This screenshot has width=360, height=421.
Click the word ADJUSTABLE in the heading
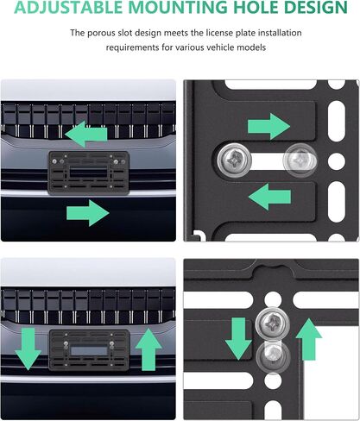click(x=68, y=7)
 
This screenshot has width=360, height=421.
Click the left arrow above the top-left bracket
click(x=86, y=134)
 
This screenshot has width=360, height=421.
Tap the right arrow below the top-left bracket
click(x=88, y=213)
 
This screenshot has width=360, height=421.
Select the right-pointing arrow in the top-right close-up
click(x=268, y=126)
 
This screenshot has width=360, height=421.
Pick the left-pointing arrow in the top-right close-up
click(x=269, y=197)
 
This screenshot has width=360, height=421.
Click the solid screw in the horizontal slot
click(x=235, y=160)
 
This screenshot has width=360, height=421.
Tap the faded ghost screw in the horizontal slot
click(x=300, y=160)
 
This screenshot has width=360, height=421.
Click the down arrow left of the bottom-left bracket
click(x=28, y=349)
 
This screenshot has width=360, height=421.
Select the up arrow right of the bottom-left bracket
click(x=148, y=349)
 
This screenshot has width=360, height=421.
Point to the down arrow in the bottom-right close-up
click(x=238, y=338)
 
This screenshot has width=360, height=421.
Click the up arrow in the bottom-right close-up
click(x=309, y=339)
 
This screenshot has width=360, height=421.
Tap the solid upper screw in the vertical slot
click(x=273, y=324)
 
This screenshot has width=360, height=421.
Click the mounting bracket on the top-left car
click(x=89, y=173)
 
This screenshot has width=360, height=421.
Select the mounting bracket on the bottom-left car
click(x=89, y=350)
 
